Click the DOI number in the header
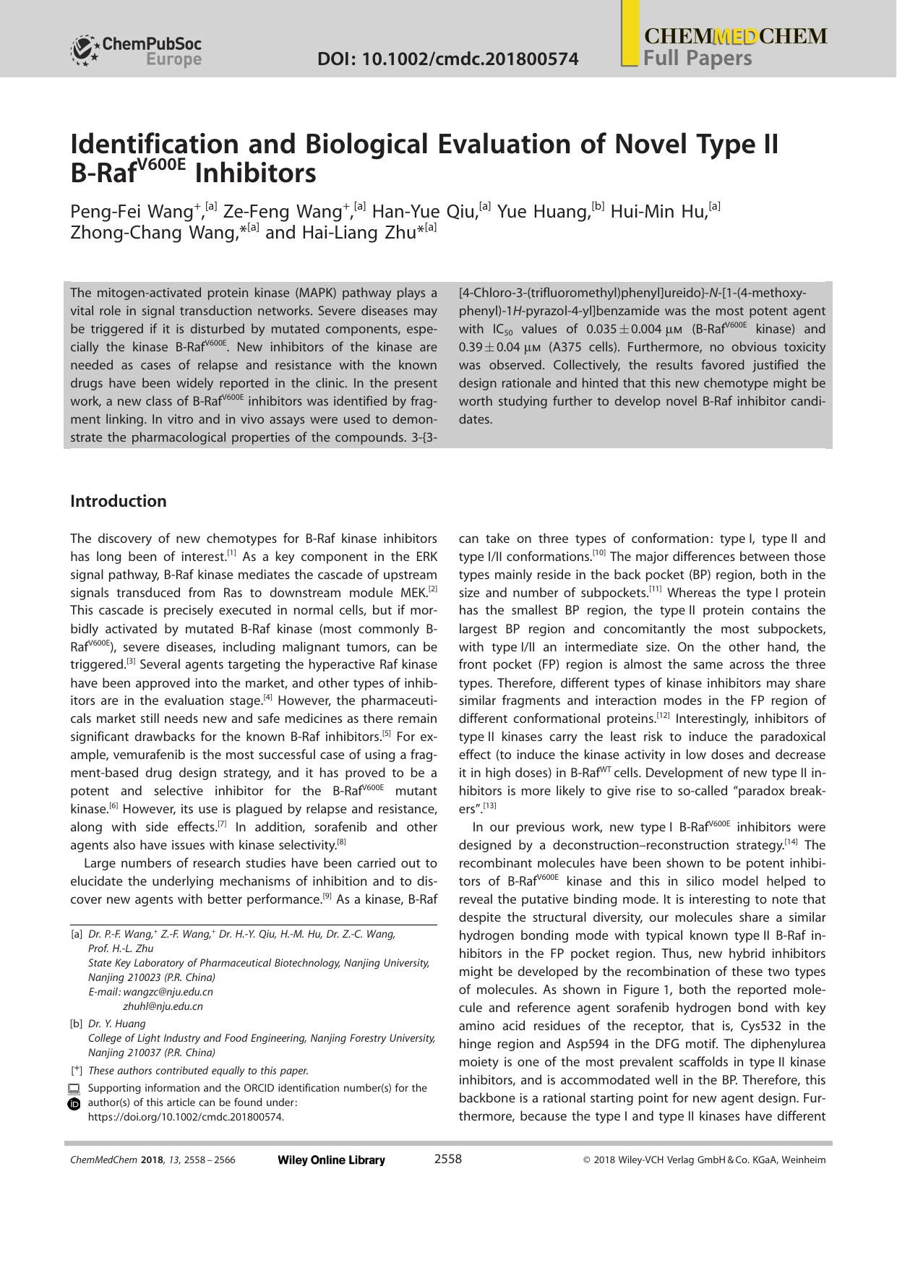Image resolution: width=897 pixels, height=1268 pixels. click(447, 59)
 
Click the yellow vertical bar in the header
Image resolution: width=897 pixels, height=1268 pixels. click(630, 33)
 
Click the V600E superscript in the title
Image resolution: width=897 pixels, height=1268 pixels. click(160, 163)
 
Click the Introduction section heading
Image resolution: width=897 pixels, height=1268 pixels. click(118, 501)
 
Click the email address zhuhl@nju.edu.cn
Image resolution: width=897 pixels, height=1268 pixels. click(163, 1006)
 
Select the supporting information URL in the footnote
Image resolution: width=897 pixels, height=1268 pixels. click(186, 1117)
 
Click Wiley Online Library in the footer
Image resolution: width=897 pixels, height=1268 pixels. click(331, 1160)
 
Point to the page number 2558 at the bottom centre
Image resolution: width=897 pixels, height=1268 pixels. click(447, 1160)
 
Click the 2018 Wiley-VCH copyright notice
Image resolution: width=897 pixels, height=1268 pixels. click(703, 1160)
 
